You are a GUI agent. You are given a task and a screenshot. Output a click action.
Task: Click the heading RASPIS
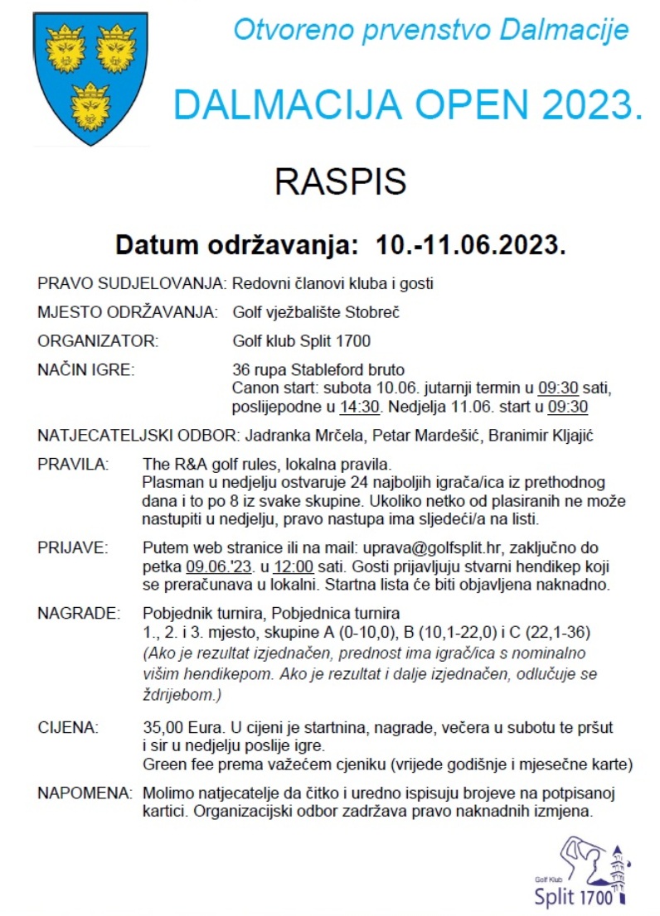click(340, 181)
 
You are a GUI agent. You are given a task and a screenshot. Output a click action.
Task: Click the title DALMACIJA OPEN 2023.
click(408, 105)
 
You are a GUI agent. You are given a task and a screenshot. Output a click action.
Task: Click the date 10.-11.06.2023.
click(471, 246)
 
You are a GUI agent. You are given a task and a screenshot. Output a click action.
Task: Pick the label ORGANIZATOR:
click(98, 340)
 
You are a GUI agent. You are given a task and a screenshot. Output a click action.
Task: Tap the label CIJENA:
click(68, 728)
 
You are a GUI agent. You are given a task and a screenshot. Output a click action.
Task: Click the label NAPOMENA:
click(85, 793)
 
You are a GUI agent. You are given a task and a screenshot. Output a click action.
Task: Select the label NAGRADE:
click(79, 614)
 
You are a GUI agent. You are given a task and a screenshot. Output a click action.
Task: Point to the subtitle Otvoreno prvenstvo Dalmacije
click(430, 31)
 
